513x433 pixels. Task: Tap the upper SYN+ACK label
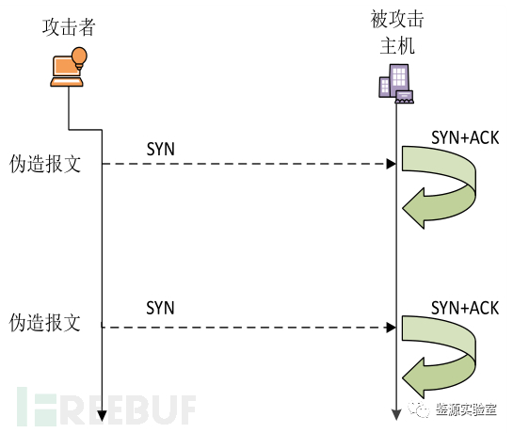click(464, 137)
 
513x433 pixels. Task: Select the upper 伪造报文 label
click(44, 164)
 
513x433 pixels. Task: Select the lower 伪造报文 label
click(44, 323)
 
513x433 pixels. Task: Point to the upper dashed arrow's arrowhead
click(389, 164)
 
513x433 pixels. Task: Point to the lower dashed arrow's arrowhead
click(389, 328)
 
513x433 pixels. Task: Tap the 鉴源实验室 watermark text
click(466, 410)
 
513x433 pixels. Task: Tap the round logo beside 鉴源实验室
click(420, 410)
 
